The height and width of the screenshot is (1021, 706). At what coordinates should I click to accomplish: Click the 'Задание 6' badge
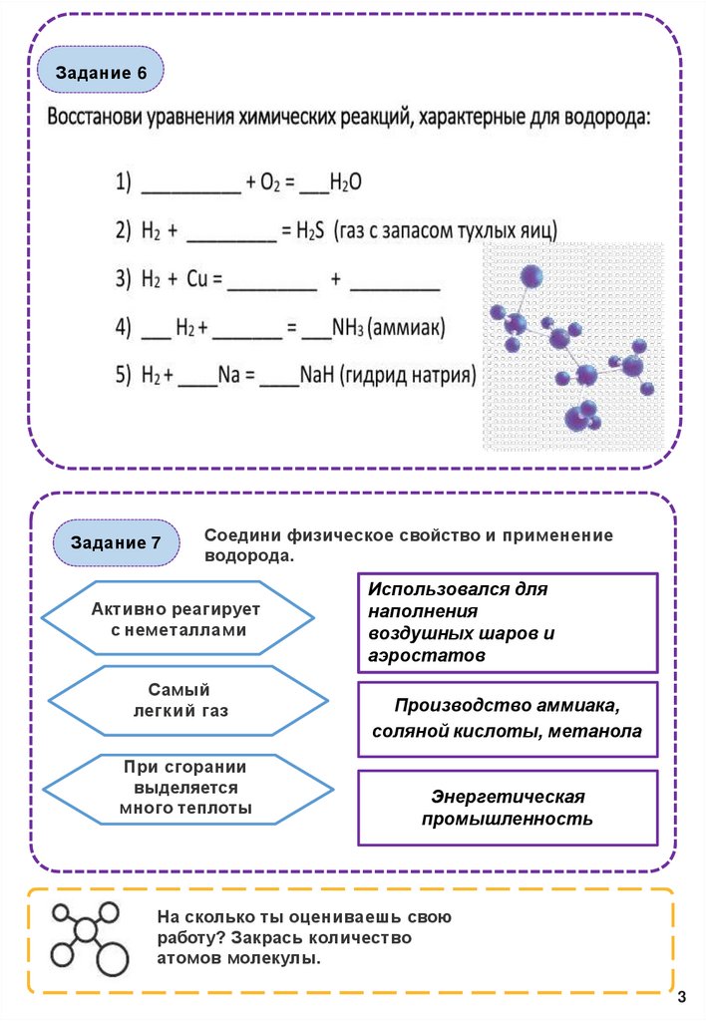pos(101,74)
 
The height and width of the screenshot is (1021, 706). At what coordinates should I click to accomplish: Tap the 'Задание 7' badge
pos(116,542)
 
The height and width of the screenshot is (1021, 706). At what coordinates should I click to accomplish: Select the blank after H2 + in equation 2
pos(231,234)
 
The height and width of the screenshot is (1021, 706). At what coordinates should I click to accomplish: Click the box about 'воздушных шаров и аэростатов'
pos(508,622)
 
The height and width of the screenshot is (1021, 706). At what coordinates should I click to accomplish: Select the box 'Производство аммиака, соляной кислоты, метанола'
pos(508,719)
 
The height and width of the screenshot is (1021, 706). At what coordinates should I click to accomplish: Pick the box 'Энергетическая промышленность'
pos(508,808)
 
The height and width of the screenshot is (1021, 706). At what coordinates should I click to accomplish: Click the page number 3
pos(682,998)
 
